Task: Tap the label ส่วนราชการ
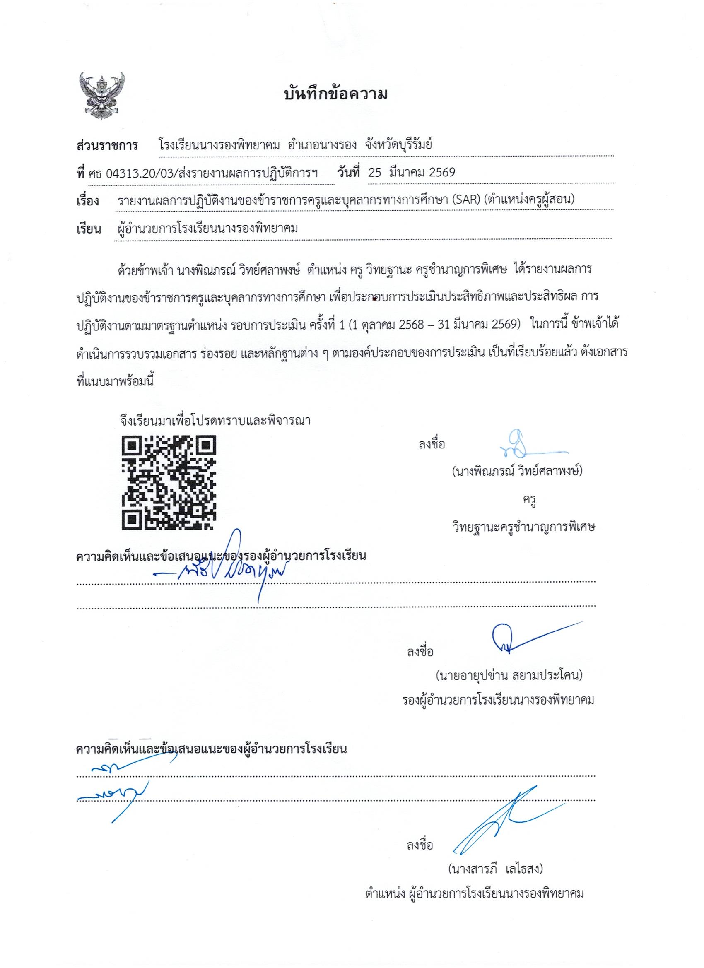(x=107, y=146)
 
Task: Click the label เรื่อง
(x=88, y=201)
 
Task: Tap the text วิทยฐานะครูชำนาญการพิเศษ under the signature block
(x=523, y=527)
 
